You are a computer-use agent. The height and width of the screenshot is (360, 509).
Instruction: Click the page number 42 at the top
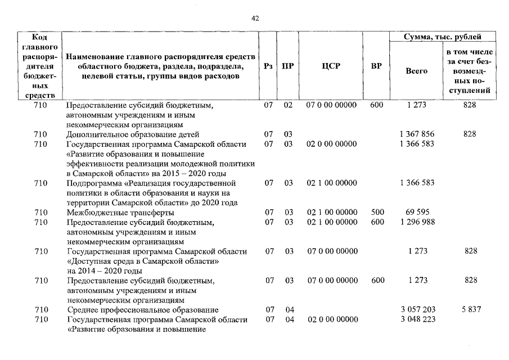(x=255, y=19)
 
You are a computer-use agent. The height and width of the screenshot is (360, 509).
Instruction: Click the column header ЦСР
(x=329, y=66)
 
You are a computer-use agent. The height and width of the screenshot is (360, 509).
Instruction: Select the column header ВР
(x=376, y=66)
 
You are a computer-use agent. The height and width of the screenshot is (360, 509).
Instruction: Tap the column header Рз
(x=268, y=66)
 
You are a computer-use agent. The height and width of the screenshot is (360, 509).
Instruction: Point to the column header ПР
(x=287, y=66)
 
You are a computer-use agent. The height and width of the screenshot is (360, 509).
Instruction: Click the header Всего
(x=416, y=71)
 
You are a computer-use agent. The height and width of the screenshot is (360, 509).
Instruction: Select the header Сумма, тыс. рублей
(x=443, y=37)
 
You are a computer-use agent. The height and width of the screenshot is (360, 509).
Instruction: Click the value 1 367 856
(x=417, y=134)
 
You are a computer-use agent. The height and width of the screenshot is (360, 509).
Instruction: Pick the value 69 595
(x=417, y=213)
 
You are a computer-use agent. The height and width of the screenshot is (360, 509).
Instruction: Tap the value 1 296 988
(x=417, y=222)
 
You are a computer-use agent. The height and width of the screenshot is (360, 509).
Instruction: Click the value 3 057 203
(x=417, y=310)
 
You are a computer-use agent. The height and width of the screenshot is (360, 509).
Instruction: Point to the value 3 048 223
(x=417, y=319)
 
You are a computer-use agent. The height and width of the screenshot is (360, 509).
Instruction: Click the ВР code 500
(x=377, y=213)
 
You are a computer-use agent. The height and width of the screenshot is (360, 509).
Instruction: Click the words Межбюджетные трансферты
(x=120, y=213)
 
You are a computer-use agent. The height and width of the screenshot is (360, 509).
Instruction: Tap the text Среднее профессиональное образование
(x=142, y=310)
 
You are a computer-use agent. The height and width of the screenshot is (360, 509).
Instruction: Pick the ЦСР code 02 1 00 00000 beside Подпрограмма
(x=331, y=183)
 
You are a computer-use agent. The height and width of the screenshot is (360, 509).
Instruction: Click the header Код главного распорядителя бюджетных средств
(x=40, y=66)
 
